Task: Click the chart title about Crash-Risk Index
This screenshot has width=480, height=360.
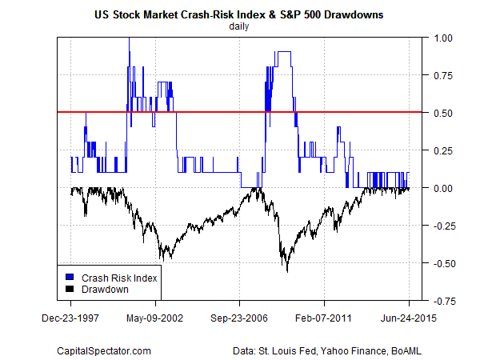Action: click(x=239, y=14)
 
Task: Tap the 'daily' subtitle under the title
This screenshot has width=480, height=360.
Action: click(x=239, y=26)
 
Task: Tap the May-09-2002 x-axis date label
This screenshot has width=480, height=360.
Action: click(x=155, y=318)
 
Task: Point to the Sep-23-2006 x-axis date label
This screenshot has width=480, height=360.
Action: click(x=240, y=318)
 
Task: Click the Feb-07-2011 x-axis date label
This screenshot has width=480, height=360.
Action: click(x=325, y=318)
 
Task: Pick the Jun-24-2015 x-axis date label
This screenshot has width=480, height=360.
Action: click(x=410, y=318)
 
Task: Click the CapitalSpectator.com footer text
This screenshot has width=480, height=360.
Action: click(x=104, y=350)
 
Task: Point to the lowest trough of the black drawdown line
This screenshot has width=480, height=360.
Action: click(x=287, y=272)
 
